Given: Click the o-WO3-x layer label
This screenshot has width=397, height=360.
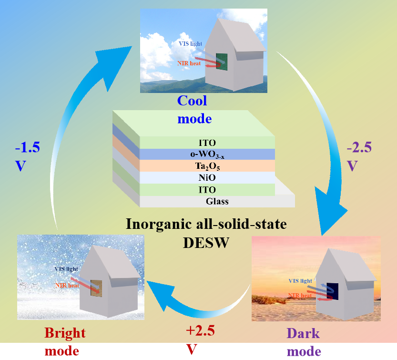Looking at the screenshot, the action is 207,154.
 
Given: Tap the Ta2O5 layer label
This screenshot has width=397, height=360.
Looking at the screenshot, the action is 207,166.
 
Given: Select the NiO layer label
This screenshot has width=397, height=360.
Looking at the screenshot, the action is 207,177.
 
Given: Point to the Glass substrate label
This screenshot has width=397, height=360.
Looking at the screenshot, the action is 217,201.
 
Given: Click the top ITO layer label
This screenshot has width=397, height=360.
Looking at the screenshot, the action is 207,143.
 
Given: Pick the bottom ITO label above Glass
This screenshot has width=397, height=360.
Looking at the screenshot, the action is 207,190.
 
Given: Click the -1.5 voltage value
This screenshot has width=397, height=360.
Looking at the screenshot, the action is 28,147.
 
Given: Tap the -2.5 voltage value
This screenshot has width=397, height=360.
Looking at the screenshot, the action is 359,147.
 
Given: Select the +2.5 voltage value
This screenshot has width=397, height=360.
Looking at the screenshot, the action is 200,330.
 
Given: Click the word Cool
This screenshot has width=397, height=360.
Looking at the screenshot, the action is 192,101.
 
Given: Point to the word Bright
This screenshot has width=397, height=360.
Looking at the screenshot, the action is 65,333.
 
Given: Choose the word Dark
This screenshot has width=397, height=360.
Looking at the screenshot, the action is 303,333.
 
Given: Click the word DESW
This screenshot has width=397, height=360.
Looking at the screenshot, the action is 206,243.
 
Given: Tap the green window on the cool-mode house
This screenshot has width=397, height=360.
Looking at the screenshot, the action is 222,62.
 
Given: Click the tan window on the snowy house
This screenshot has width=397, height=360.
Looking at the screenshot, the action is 96,288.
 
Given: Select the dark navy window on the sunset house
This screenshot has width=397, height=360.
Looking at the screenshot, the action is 333,292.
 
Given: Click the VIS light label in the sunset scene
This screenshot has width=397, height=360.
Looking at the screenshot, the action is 300,281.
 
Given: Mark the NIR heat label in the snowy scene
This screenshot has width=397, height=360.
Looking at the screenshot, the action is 67,286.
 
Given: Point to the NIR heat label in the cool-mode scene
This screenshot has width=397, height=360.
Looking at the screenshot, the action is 189,63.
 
